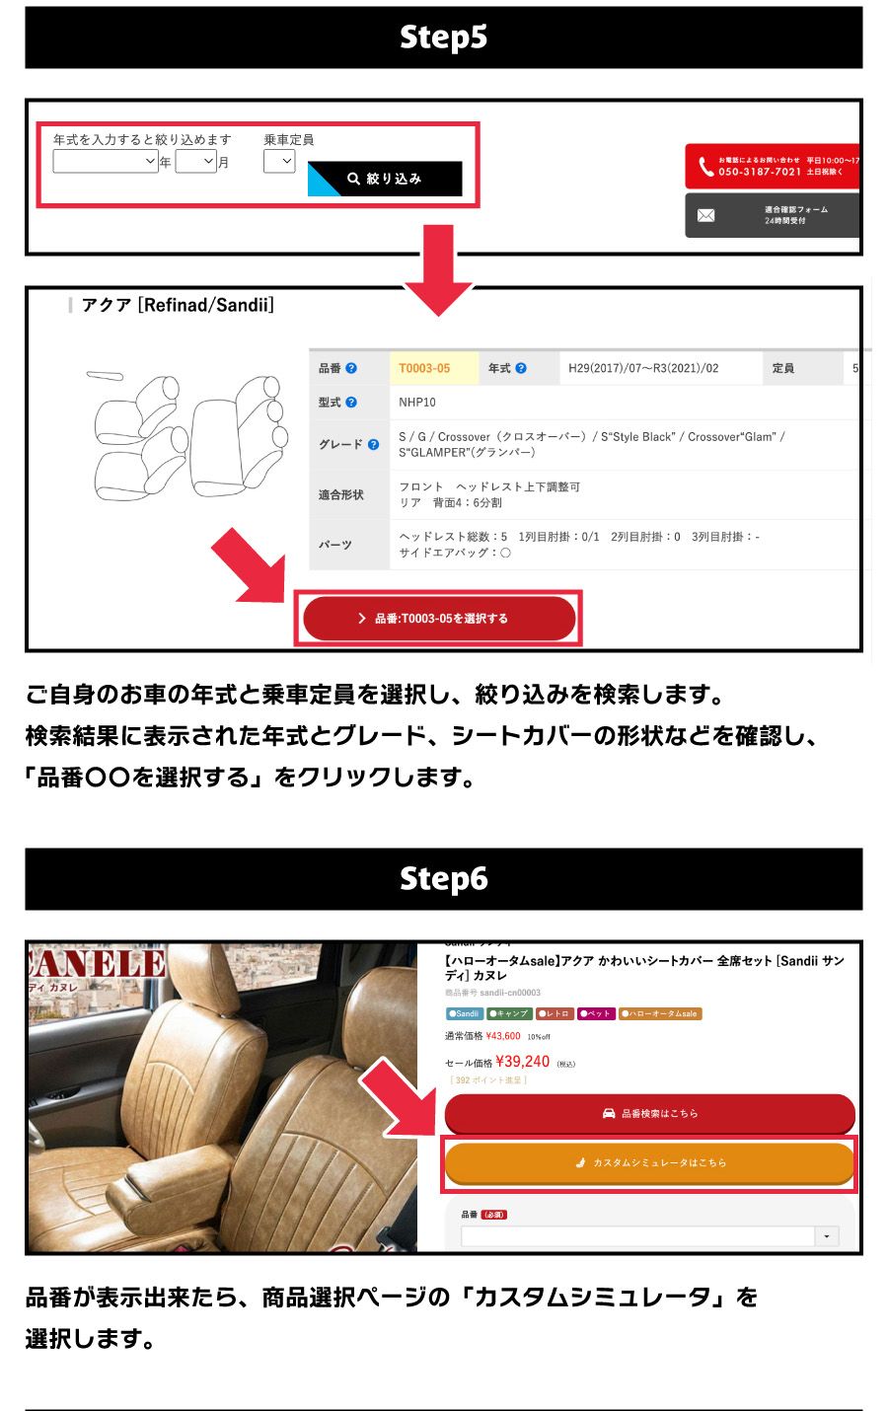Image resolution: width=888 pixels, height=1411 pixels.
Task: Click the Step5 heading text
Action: [x=443, y=37]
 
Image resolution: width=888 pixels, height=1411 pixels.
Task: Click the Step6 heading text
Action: [x=443, y=878]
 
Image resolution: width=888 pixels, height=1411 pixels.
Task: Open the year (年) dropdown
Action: [x=106, y=161]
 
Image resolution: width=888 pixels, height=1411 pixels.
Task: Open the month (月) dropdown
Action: [x=195, y=161]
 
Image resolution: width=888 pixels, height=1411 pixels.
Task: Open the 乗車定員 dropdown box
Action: [x=279, y=161]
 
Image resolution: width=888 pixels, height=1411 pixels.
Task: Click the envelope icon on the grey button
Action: [x=706, y=215]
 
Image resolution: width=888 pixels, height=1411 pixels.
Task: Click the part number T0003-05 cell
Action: [x=424, y=368]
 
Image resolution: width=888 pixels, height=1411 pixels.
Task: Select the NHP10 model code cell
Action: [x=417, y=403]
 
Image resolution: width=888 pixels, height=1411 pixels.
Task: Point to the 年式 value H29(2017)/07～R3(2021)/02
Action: [x=643, y=368]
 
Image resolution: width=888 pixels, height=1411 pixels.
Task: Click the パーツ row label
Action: [x=335, y=545]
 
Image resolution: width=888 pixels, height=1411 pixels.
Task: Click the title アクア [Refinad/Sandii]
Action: [x=178, y=306]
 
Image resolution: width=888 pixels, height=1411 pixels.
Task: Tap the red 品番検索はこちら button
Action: [x=649, y=1113]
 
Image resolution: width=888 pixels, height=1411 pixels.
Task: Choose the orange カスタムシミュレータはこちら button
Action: [x=649, y=1162]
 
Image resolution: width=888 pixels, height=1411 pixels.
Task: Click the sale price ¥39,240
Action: [x=522, y=1062]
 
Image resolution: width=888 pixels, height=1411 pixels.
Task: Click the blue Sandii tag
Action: [x=464, y=1013]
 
